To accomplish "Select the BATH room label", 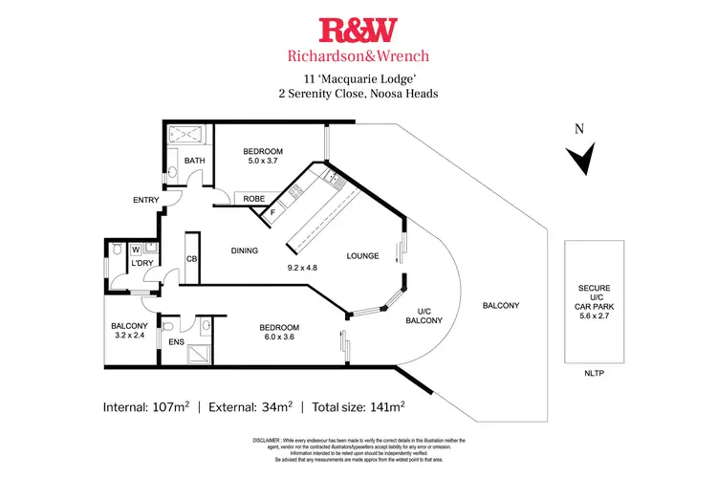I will point(195,161).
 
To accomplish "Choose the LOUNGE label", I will point(363,256).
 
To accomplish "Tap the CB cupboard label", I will point(191,258).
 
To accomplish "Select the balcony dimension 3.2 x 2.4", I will point(130,337).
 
